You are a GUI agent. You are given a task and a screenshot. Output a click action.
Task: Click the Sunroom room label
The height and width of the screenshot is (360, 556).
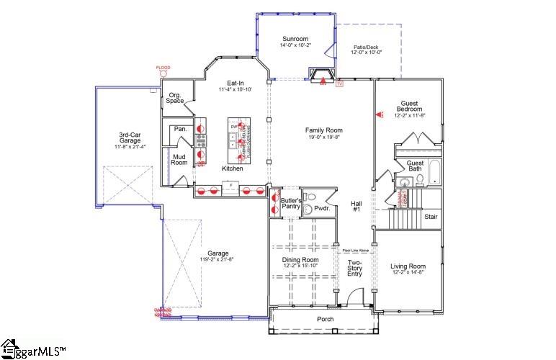[x=294, y=39]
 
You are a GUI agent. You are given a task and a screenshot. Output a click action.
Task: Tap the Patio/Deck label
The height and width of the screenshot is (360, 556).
[x=366, y=48]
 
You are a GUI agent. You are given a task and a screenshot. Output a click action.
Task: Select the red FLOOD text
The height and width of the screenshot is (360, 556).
[x=163, y=68]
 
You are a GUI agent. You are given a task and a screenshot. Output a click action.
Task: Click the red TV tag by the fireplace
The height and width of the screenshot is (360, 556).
[x=340, y=84]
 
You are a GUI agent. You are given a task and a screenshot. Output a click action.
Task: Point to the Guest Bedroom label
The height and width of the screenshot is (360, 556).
[x=408, y=108]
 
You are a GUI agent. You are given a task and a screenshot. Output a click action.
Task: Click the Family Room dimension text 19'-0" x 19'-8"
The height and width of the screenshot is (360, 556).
[x=320, y=137]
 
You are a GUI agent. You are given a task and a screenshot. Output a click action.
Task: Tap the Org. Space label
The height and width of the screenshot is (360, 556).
[x=175, y=98]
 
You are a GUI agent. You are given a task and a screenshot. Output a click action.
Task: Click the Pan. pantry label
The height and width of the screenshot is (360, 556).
[x=181, y=129]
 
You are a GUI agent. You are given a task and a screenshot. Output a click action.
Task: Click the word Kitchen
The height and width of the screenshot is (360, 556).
[x=232, y=168]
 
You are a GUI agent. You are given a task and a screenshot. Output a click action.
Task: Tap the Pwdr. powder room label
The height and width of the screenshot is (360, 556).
[x=323, y=208]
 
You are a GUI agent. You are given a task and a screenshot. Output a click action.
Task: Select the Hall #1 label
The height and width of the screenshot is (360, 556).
[x=356, y=206]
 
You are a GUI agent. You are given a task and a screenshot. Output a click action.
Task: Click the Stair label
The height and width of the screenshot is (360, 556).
[x=431, y=216]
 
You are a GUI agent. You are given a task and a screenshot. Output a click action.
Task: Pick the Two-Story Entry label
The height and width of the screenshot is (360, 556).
[x=355, y=268]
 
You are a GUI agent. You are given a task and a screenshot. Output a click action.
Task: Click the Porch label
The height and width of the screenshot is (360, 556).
[x=326, y=319]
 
